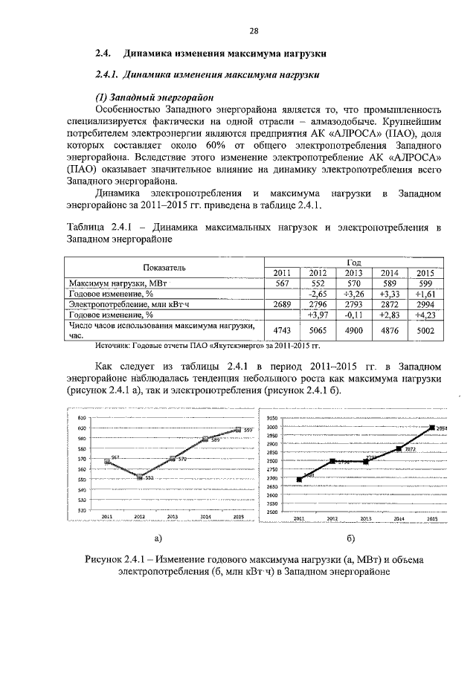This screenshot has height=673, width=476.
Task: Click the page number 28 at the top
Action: click(254, 31)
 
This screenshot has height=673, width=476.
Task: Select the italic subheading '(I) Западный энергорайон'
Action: click(154, 97)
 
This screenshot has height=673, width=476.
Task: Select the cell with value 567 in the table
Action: click(282, 283)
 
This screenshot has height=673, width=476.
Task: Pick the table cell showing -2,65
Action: click(318, 294)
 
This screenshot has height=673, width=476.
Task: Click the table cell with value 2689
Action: click(282, 305)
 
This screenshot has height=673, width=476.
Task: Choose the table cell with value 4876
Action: click(389, 331)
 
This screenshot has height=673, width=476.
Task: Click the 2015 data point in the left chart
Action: click(238, 429)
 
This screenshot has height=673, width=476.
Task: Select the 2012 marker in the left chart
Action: click(139, 477)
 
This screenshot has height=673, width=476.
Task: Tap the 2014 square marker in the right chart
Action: click(399, 448)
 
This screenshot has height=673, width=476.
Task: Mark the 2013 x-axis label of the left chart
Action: click(172, 515)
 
